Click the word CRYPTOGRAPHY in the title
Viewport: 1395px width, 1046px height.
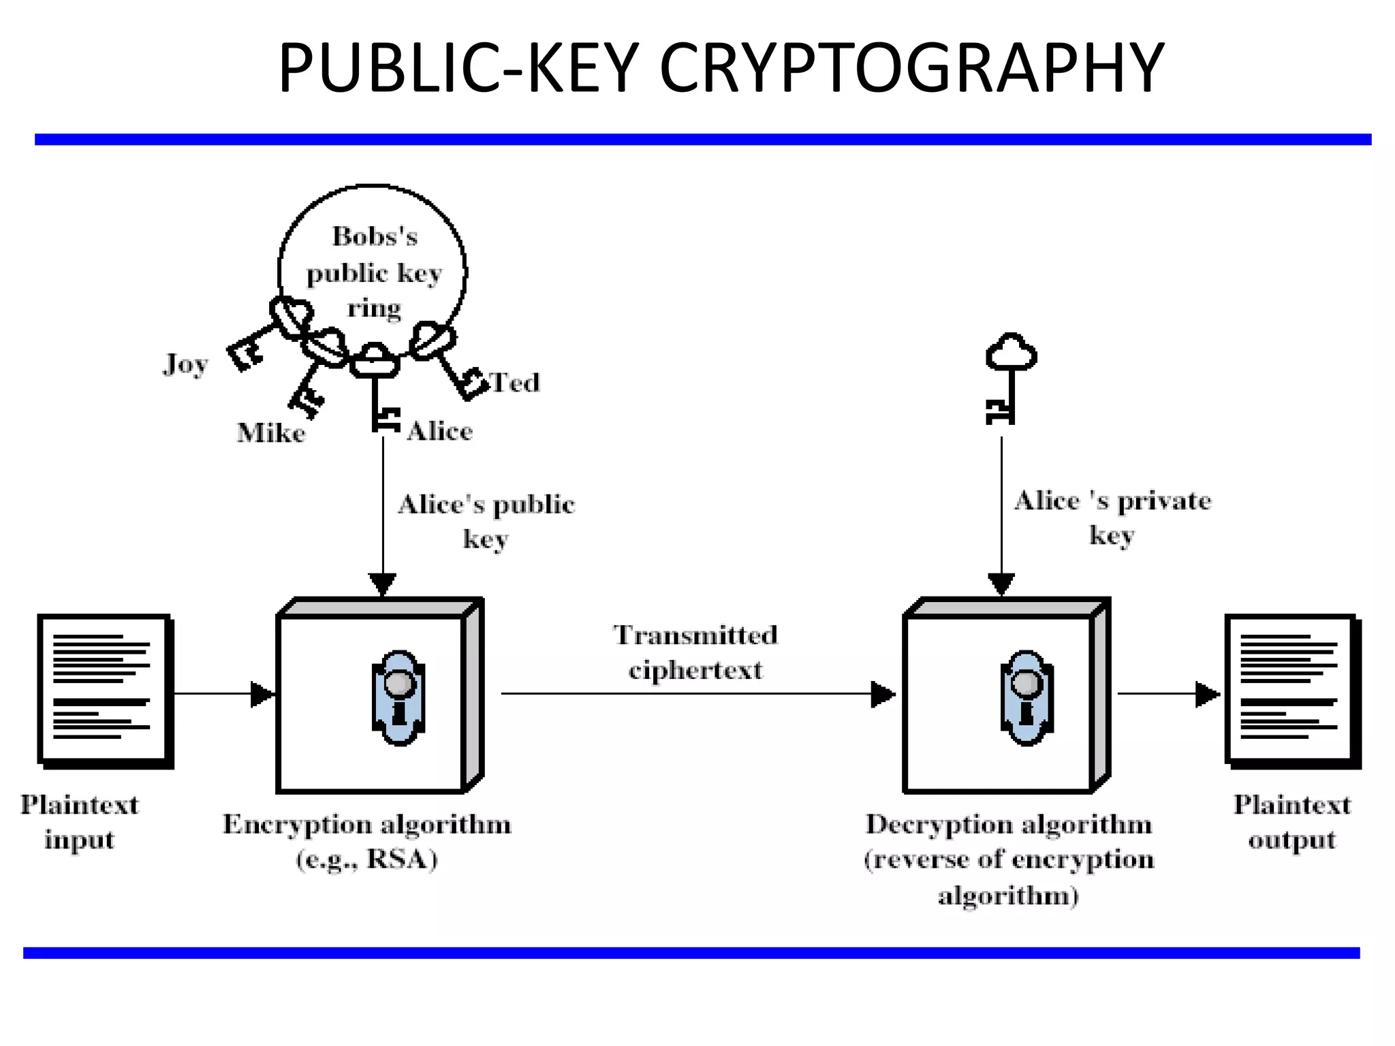[911, 68]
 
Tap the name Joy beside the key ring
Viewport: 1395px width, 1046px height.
[185, 364]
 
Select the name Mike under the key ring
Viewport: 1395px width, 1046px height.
[271, 433]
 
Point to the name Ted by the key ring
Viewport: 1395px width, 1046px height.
[515, 383]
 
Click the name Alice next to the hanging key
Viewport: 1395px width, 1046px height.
[440, 431]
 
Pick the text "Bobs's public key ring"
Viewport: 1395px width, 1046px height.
[374, 272]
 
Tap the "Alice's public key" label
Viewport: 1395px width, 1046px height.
[486, 521]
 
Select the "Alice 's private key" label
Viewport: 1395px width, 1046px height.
[1112, 518]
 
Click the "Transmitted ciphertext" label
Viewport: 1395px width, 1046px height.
[695, 652]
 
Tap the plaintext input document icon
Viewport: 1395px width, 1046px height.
[104, 690]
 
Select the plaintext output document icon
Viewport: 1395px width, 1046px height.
[1291, 690]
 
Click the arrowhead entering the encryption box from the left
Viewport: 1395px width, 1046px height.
[262, 694]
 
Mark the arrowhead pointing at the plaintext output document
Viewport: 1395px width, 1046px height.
[1207, 694]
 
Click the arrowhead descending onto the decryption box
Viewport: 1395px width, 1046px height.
[1001, 584]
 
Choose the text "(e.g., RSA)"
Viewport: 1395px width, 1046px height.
[367, 859]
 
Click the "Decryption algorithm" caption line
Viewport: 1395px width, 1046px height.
[1009, 825]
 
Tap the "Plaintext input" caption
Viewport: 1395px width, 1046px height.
[80, 822]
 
